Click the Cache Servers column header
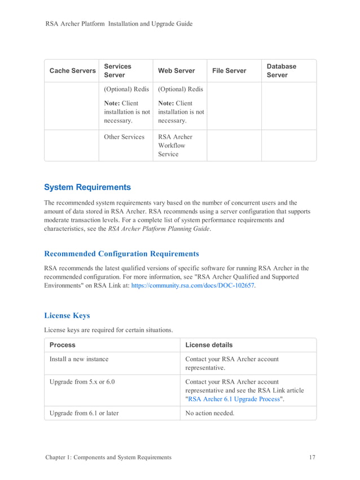(x=72, y=71)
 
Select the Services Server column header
(x=117, y=71)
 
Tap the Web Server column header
(x=176, y=71)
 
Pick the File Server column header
(x=229, y=71)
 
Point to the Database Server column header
(x=281, y=71)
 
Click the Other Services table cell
(x=124, y=137)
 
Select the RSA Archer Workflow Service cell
(x=175, y=146)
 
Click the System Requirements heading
(x=87, y=187)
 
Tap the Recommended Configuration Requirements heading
(x=121, y=254)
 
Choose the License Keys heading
(x=67, y=315)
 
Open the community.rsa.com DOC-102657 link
(x=192, y=286)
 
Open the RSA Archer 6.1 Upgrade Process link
(x=234, y=399)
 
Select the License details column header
(x=209, y=345)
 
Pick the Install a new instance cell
(x=79, y=359)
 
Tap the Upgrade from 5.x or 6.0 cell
(x=82, y=382)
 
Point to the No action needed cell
(x=209, y=413)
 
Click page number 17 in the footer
(x=312, y=457)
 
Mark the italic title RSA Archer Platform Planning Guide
(x=159, y=229)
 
